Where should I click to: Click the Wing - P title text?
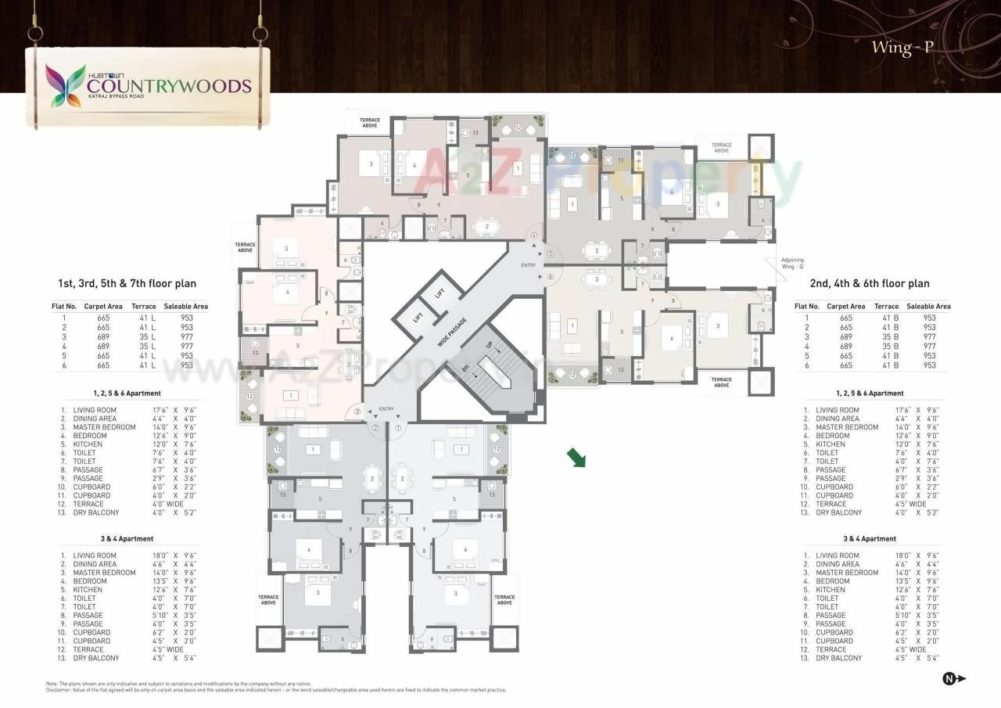(x=902, y=48)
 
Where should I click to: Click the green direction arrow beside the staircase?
(x=576, y=458)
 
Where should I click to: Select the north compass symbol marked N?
(x=953, y=679)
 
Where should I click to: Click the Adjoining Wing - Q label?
(x=792, y=263)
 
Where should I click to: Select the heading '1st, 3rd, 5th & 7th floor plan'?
(x=127, y=284)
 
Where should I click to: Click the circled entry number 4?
(x=535, y=235)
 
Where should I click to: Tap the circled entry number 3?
(x=357, y=412)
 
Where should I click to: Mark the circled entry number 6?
(x=551, y=276)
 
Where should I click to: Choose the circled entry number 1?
(x=399, y=427)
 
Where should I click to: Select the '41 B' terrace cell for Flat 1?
(x=890, y=318)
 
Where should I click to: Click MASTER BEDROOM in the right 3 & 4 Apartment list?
(x=847, y=573)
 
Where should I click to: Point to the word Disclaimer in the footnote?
(x=60, y=690)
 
